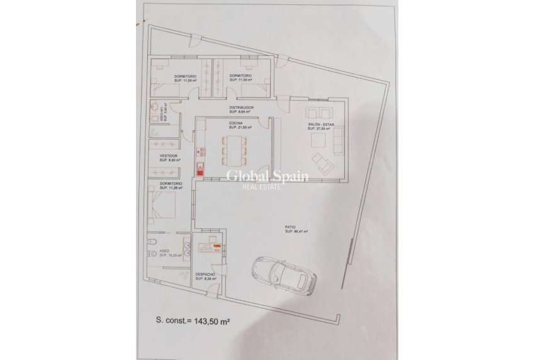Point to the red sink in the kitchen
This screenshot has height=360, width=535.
(200, 168)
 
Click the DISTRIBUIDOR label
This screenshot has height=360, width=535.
(241, 108)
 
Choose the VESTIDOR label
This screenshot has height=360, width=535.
(169, 155)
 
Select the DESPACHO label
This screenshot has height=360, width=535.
(206, 274)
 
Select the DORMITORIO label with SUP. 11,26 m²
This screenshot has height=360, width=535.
(171, 184)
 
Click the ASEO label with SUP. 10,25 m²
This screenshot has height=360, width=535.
(164, 251)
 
